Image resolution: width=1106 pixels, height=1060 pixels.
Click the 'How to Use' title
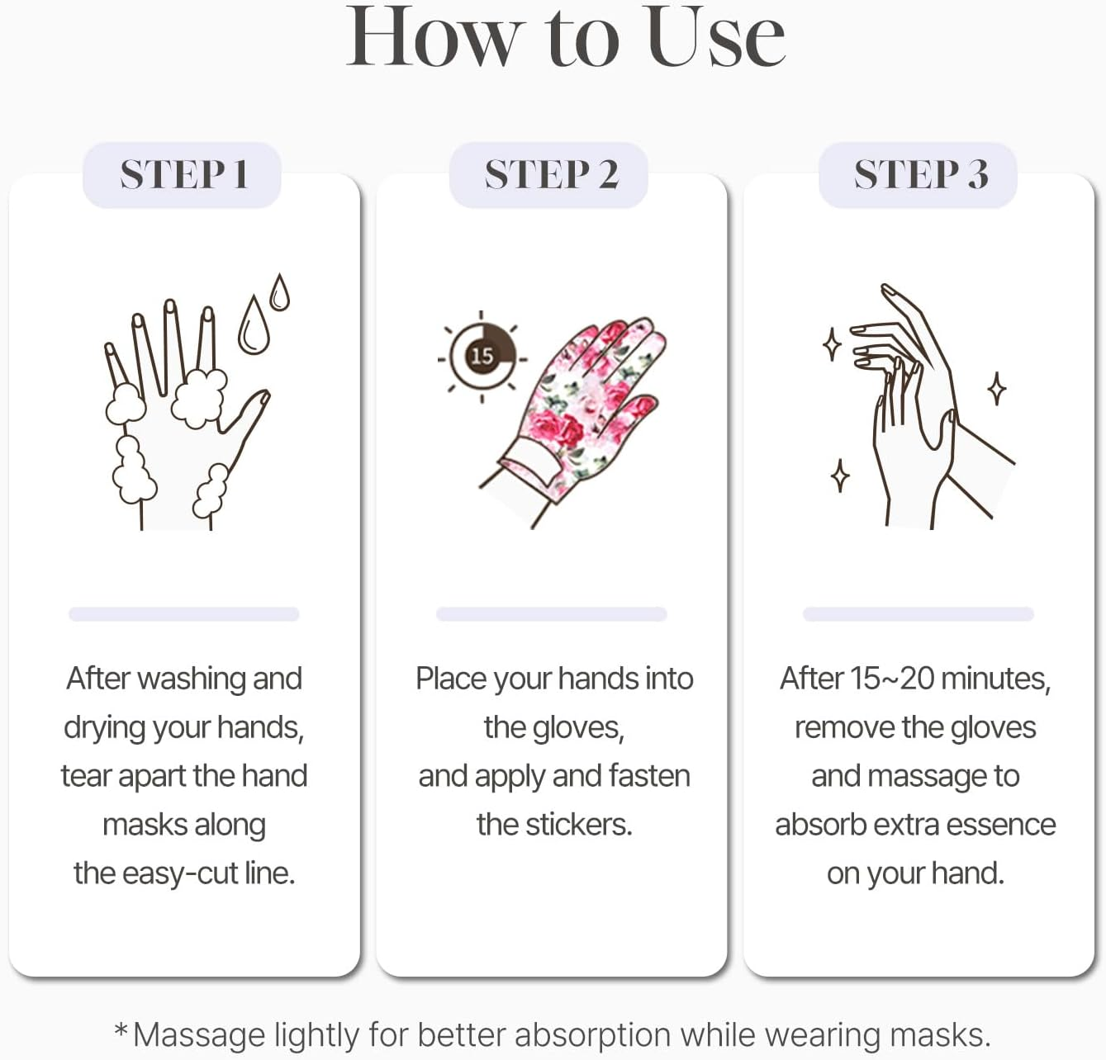click(565, 37)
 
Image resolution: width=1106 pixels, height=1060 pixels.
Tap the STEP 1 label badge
click(183, 175)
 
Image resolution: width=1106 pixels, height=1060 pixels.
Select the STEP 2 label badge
click(550, 175)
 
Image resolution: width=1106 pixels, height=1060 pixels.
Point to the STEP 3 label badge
click(919, 175)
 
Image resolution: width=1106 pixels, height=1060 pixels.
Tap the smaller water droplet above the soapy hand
click(280, 292)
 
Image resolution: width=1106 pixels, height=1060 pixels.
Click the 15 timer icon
click(482, 357)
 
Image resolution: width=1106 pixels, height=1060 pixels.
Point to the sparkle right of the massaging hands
click(997, 388)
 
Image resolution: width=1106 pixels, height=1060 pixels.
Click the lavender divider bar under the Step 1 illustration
click(183, 614)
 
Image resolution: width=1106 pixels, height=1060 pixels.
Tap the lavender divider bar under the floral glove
click(551, 614)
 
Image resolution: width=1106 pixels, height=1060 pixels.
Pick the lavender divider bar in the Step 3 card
click(918, 614)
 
